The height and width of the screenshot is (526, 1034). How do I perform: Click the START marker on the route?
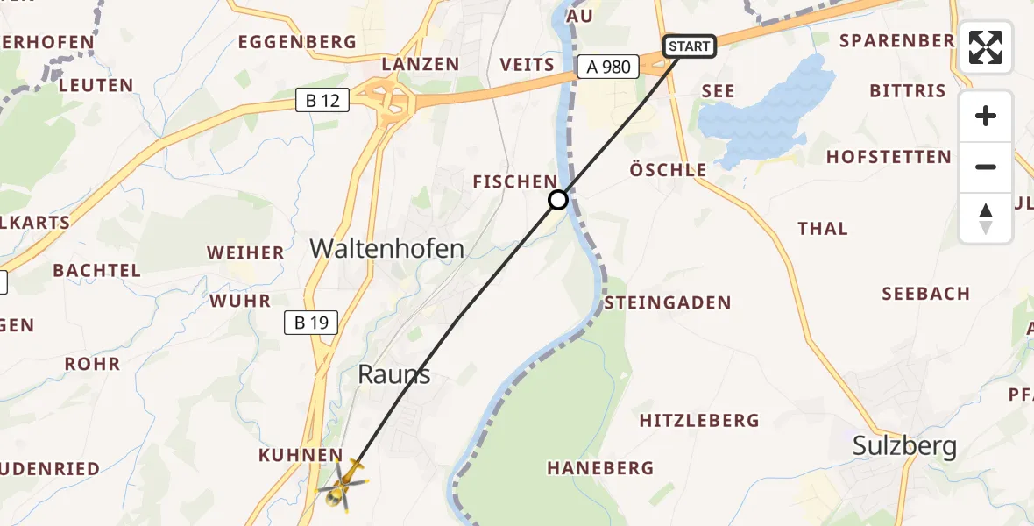(x=690, y=46)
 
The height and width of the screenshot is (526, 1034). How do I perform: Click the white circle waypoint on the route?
(x=558, y=200)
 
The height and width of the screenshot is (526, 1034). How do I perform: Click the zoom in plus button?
(x=986, y=117)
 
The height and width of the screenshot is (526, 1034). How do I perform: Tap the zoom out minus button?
(x=986, y=167)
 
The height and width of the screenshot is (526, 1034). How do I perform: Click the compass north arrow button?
(x=986, y=218)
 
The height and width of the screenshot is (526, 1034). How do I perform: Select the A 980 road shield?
(x=608, y=67)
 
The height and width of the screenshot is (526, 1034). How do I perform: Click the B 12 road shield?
(x=322, y=101)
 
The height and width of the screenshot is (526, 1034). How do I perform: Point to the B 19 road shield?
(x=311, y=323)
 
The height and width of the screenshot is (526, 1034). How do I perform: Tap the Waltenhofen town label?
(x=386, y=249)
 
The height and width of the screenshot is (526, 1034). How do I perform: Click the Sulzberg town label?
(x=904, y=447)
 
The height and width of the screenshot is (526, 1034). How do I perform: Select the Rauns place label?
(x=394, y=374)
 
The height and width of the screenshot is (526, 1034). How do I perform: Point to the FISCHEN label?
(x=515, y=181)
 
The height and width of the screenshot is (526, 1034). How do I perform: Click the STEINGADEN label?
(x=668, y=303)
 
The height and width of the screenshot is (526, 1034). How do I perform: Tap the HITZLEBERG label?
(x=699, y=421)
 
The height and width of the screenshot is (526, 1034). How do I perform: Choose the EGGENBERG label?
(x=297, y=42)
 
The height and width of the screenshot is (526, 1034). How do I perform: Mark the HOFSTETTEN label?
(x=889, y=158)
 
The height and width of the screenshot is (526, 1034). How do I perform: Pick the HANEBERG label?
(x=600, y=468)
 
